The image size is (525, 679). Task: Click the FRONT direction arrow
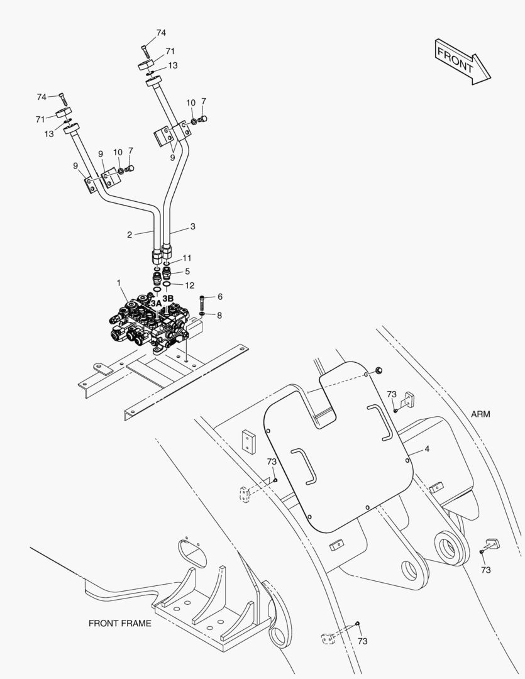point(463,60)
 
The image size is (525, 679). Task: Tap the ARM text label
point(480,414)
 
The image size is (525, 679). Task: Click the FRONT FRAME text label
point(119,624)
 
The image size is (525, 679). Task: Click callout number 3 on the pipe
point(193,226)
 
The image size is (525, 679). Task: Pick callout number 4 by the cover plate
point(427,449)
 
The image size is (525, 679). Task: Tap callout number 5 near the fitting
point(187,272)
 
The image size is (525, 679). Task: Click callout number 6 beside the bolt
point(220,296)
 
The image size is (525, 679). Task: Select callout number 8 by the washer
point(219,315)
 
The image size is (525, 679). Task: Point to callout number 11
point(187,258)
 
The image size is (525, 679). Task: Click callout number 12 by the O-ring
point(189,285)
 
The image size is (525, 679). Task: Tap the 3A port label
point(155,302)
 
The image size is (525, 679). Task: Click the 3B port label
point(168,297)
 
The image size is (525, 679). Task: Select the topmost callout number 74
point(162,33)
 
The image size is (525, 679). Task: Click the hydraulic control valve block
point(151,321)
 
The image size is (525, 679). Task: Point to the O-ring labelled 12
point(167,285)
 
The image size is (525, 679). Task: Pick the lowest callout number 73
point(362,641)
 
